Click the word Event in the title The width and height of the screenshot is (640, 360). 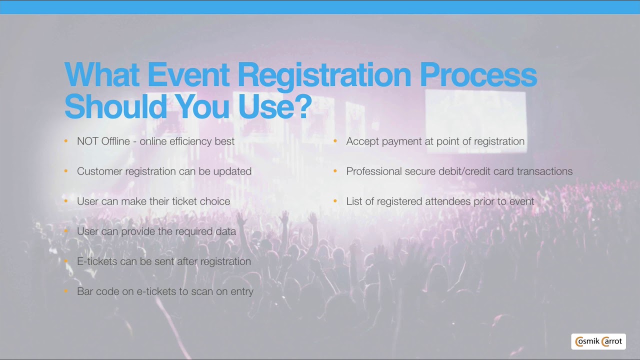pyautogui.click(x=188, y=74)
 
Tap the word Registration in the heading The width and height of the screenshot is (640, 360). pyautogui.click(x=324, y=74)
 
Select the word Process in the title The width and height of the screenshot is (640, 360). pyautogui.click(x=478, y=74)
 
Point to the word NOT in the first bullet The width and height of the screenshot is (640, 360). pyautogui.click(x=87, y=141)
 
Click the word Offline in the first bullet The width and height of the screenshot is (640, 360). pyautogui.click(x=115, y=141)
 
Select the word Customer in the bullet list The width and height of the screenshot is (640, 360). pyautogui.click(x=99, y=171)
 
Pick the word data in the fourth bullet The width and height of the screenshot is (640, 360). pyautogui.click(x=225, y=231)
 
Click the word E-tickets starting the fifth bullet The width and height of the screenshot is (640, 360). pyautogui.click(x=97, y=261)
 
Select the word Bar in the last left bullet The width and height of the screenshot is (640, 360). pyautogui.click(x=84, y=291)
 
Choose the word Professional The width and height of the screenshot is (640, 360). pyautogui.click(x=374, y=171)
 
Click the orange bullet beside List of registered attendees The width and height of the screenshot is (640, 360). pyautogui.click(x=335, y=201)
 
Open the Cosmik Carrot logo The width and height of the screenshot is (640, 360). pyautogui.click(x=598, y=341)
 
